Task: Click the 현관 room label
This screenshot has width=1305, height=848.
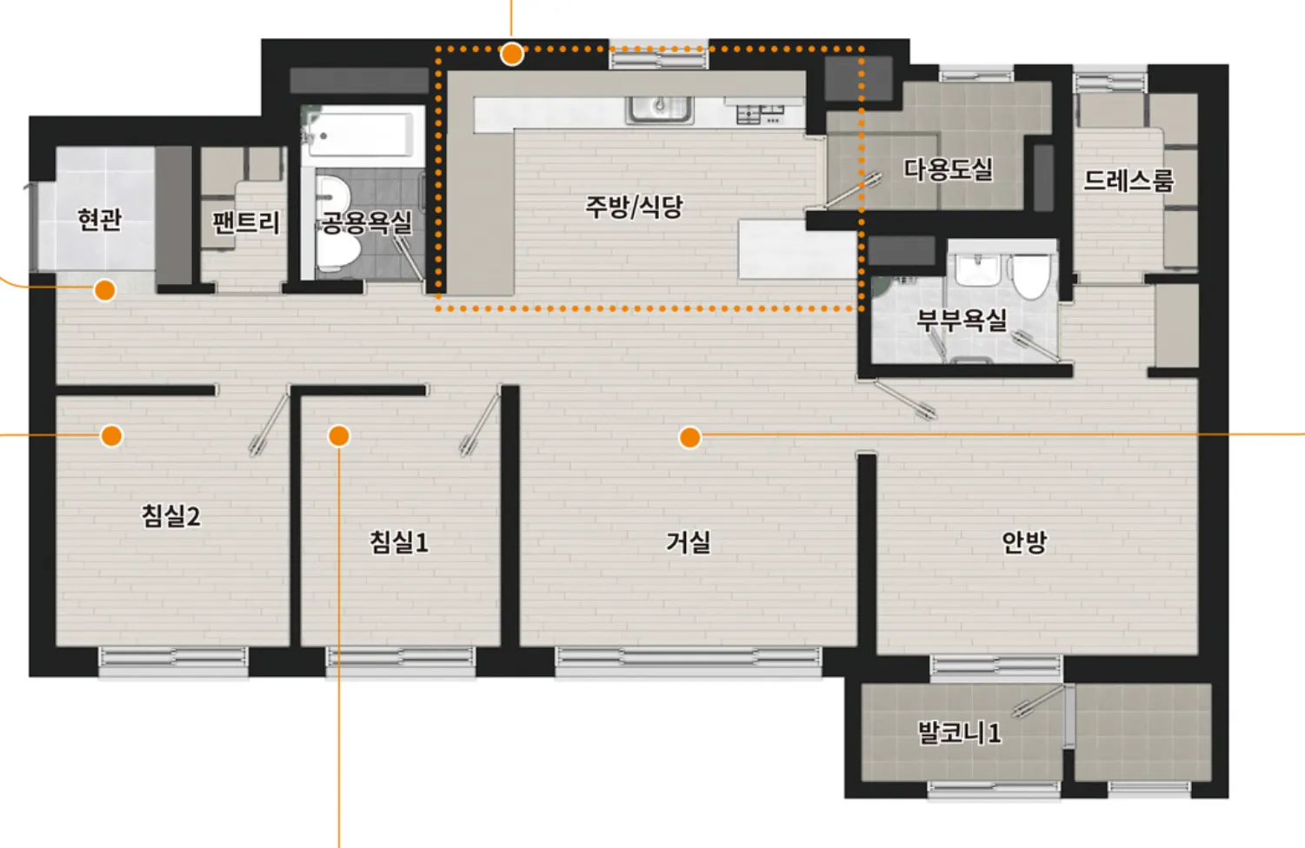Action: (x=100, y=220)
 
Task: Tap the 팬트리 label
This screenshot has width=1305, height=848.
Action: (x=246, y=223)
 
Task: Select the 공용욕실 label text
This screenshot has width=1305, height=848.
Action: (x=367, y=222)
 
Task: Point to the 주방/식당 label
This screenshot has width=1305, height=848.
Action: (x=634, y=207)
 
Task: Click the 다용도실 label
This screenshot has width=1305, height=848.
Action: (x=949, y=169)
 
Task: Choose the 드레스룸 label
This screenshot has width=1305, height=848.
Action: (x=1129, y=181)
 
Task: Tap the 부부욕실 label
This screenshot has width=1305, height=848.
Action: (x=962, y=320)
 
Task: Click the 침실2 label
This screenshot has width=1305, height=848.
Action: (x=170, y=516)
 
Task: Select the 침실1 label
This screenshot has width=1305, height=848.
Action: (x=399, y=542)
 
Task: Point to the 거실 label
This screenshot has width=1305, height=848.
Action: (x=689, y=542)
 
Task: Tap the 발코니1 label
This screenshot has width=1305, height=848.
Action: (x=960, y=732)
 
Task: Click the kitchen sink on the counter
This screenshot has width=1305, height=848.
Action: (x=660, y=109)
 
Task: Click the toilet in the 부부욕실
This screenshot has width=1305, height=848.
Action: (x=1031, y=275)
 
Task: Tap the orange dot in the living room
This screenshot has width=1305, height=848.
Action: (x=689, y=438)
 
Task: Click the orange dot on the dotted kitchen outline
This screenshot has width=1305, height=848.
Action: (x=512, y=54)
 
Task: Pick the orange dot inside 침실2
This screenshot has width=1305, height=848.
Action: (x=111, y=435)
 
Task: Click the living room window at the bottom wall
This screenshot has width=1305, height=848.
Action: (x=689, y=662)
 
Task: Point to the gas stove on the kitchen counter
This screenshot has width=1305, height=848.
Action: (x=760, y=114)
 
